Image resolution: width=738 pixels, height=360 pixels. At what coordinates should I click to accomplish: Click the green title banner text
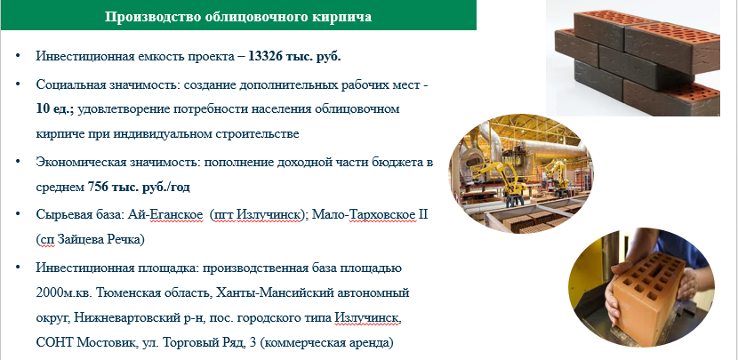(x=238, y=17)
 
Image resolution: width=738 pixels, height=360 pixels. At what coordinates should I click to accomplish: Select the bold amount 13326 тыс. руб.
(x=294, y=57)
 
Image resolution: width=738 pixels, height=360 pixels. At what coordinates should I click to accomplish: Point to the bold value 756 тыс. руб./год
(x=139, y=188)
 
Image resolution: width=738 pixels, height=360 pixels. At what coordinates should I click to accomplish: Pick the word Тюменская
(x=123, y=292)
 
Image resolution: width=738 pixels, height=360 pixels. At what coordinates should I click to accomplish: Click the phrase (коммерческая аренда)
(x=326, y=342)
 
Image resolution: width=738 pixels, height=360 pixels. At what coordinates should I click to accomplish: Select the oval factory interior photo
(x=521, y=173)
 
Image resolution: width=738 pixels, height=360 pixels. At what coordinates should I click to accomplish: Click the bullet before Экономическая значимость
(x=18, y=162)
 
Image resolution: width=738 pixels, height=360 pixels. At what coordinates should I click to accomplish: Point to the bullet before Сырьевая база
(x=18, y=214)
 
